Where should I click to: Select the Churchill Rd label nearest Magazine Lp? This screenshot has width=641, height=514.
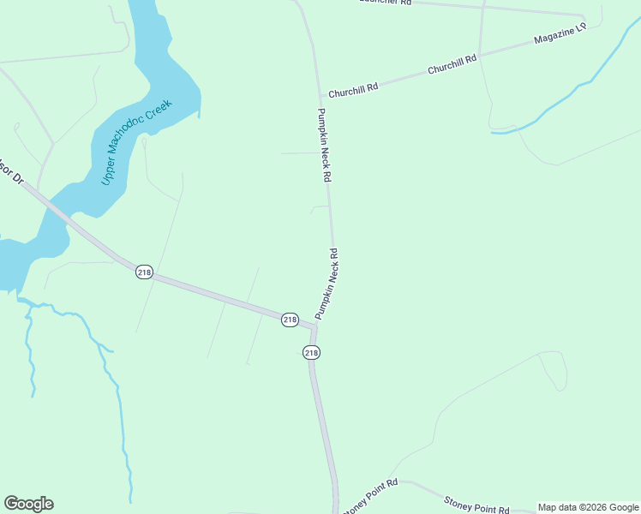(452, 65)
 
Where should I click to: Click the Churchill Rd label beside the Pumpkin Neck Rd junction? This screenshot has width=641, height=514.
(354, 88)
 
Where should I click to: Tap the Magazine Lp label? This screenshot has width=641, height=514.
(559, 34)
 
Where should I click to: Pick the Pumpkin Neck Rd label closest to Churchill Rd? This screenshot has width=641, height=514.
(324, 146)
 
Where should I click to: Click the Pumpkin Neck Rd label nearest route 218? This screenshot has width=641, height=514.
(326, 284)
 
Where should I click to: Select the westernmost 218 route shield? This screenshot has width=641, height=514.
(143, 272)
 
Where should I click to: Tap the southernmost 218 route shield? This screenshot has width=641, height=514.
(311, 352)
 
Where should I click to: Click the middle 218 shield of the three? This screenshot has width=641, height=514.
(290, 320)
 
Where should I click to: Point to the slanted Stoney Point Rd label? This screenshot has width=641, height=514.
(371, 496)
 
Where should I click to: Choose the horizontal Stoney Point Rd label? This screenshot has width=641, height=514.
(476, 505)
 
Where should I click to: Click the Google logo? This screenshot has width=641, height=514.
(28, 504)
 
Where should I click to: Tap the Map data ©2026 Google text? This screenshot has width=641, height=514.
(588, 507)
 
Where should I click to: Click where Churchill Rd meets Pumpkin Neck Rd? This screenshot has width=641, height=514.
(322, 96)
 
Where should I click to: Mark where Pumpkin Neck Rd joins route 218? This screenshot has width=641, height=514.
(314, 324)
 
